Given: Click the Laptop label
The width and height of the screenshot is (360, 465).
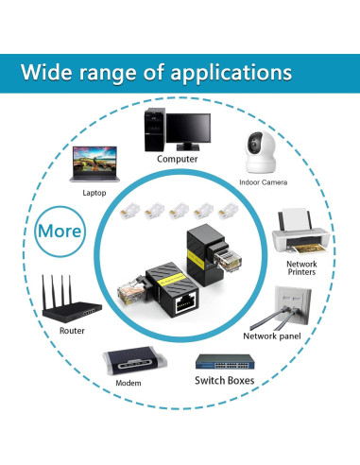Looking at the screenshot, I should click(x=94, y=192).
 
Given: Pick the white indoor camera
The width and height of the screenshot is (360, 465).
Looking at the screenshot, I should click(x=262, y=148).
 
